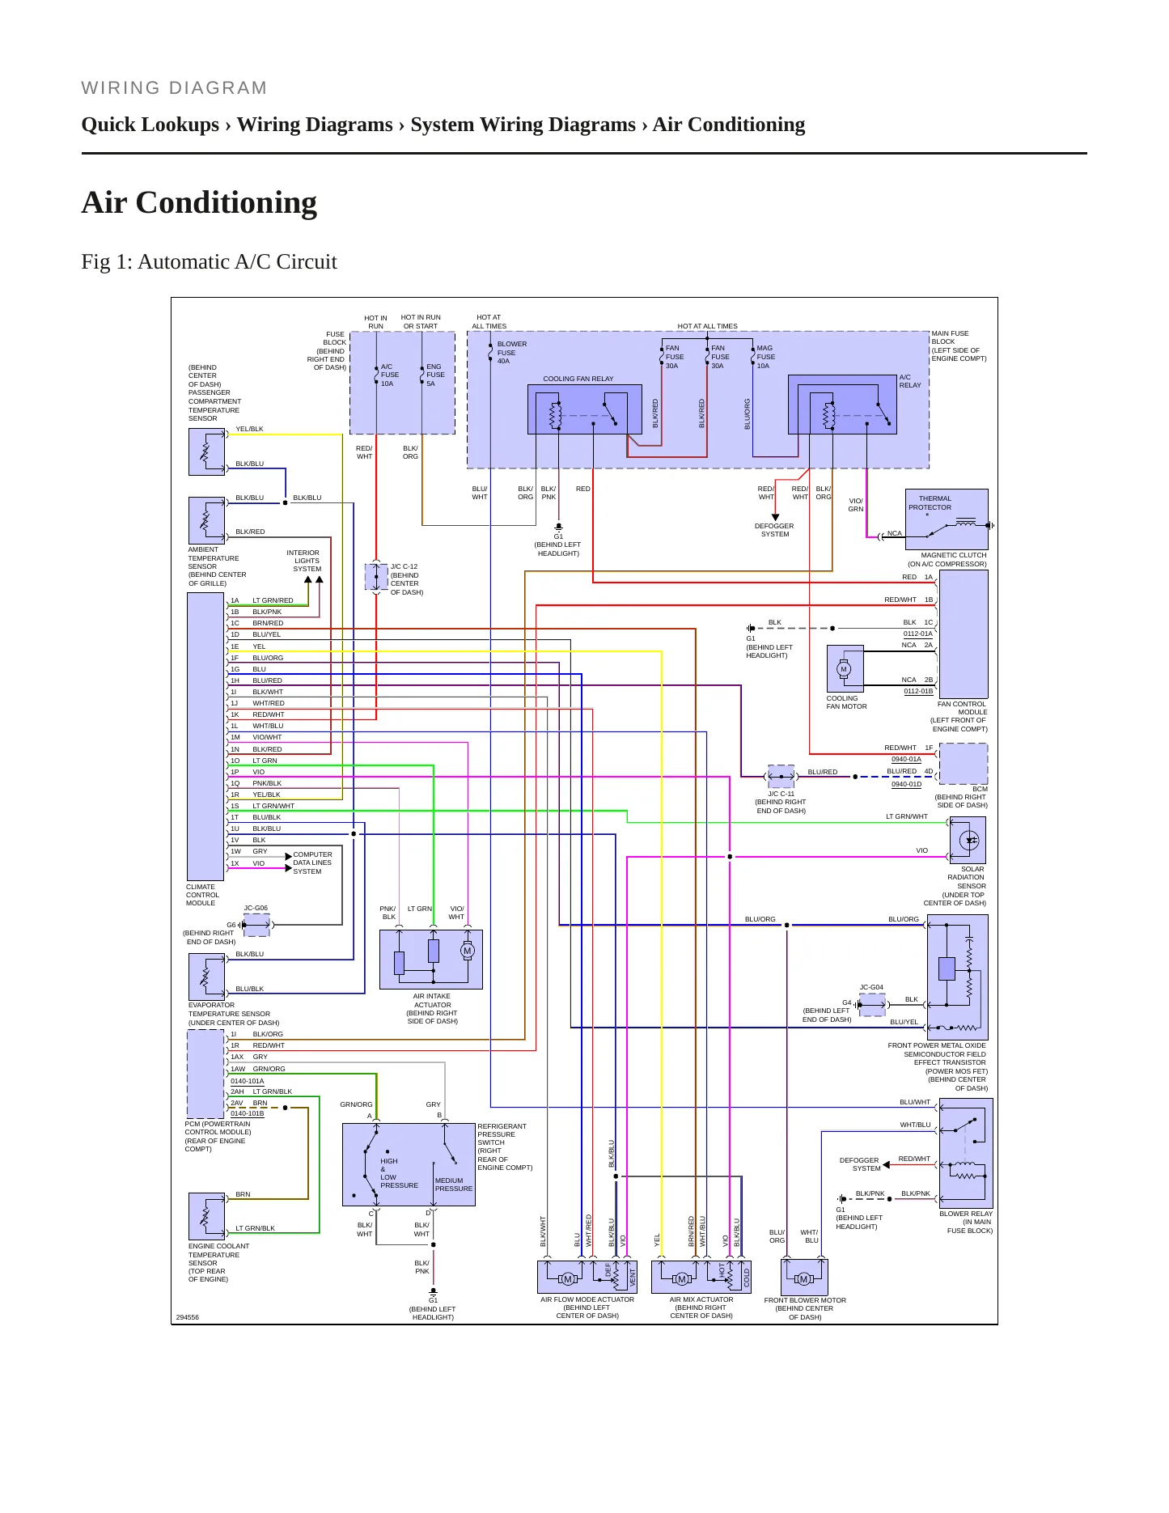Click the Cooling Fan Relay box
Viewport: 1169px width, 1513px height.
click(578, 409)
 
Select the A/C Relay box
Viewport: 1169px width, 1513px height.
click(842, 404)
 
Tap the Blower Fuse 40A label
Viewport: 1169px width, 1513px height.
click(511, 353)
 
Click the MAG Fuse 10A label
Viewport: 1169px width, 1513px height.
click(765, 357)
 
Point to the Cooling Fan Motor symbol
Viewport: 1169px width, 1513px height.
click(845, 669)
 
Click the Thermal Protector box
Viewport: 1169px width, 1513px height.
click(947, 519)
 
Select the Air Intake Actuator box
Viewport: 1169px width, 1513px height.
click(431, 959)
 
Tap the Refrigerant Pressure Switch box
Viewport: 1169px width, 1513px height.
click(409, 1164)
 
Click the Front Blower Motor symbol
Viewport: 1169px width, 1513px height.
click(804, 1277)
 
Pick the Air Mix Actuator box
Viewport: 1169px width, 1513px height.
click(701, 1277)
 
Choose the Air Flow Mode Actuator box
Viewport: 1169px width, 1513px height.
click(587, 1277)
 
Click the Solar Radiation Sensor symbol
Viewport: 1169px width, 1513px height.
click(968, 841)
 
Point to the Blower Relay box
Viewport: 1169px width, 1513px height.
click(966, 1153)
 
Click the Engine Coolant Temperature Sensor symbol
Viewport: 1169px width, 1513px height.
click(206, 1216)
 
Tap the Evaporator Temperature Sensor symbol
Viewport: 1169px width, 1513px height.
click(206, 977)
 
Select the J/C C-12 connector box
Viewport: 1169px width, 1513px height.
click(376, 577)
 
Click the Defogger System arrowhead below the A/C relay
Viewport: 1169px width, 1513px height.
click(775, 517)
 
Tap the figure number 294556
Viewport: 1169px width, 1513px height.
click(187, 1317)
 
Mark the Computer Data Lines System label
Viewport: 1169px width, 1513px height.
click(312, 862)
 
